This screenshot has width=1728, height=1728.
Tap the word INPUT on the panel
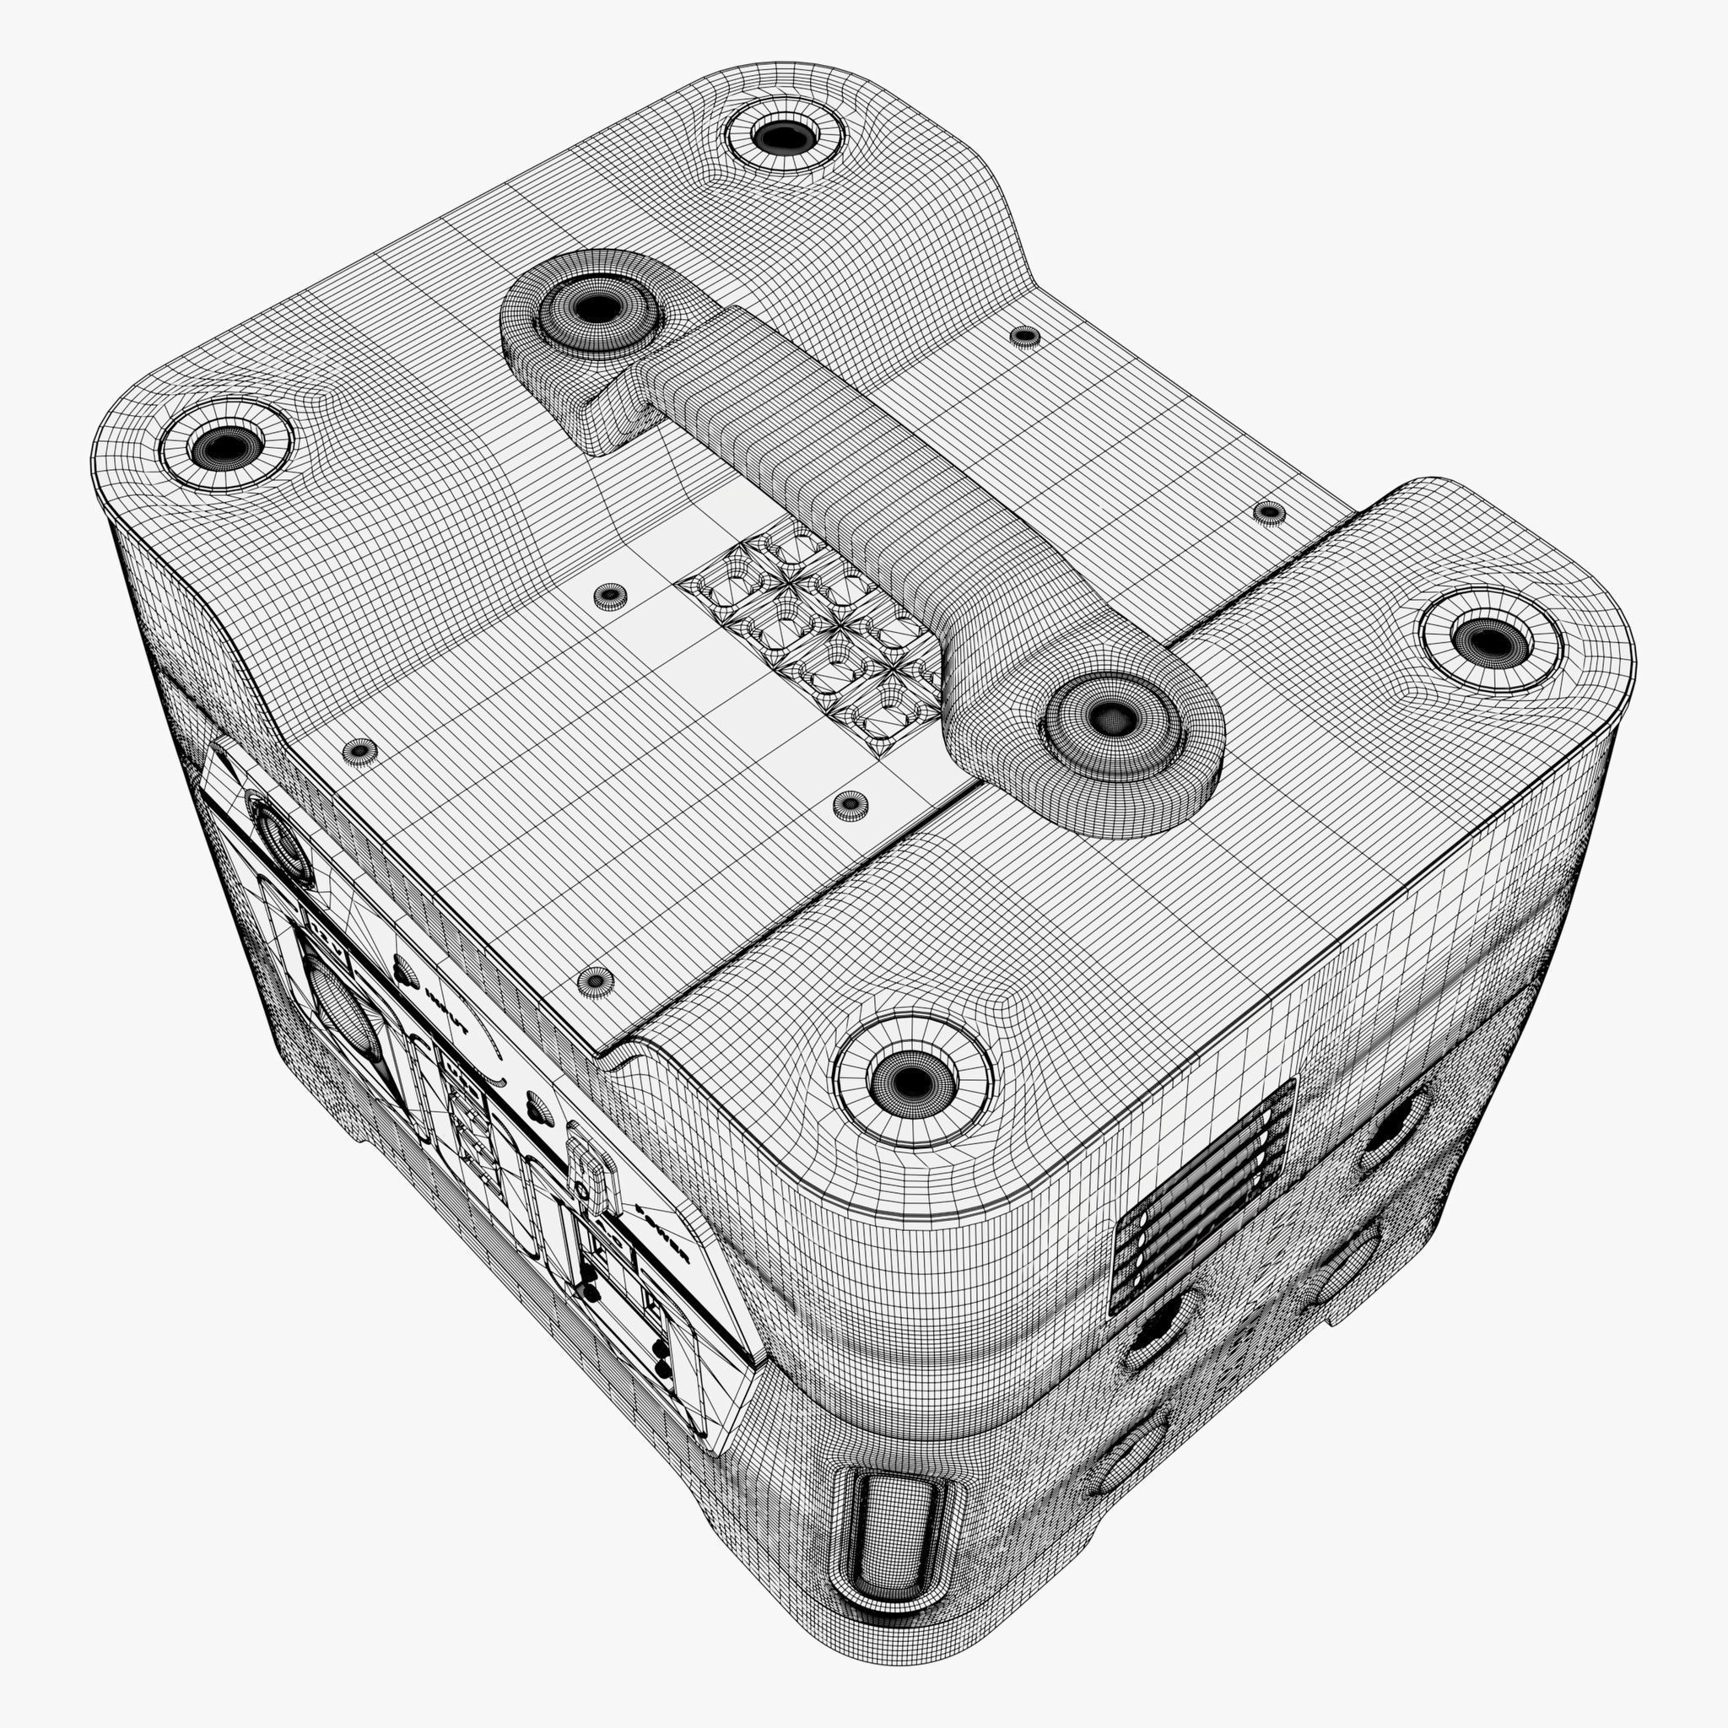pyautogui.click(x=446, y=1011)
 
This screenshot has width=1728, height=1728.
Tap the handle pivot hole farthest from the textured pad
pyautogui.click(x=591, y=309)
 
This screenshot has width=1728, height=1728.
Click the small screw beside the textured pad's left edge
pyautogui.click(x=609, y=594)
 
